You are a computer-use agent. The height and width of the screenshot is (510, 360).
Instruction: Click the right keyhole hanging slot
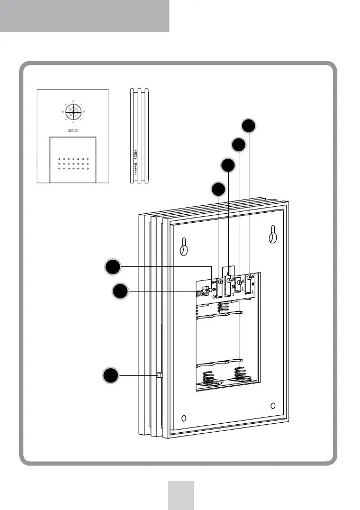pyautogui.click(x=272, y=236)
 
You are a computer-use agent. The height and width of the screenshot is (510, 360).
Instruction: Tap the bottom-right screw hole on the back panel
pyautogui.click(x=272, y=406)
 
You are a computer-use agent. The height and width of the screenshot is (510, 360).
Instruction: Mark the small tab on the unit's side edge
pyautogui.click(x=159, y=375)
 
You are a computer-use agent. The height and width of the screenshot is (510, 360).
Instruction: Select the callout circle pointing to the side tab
pyautogui.click(x=110, y=376)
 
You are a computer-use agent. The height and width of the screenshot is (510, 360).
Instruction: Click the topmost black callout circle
pyautogui.click(x=249, y=125)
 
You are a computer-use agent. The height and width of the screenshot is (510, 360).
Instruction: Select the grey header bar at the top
pyautogui.click(x=85, y=16)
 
